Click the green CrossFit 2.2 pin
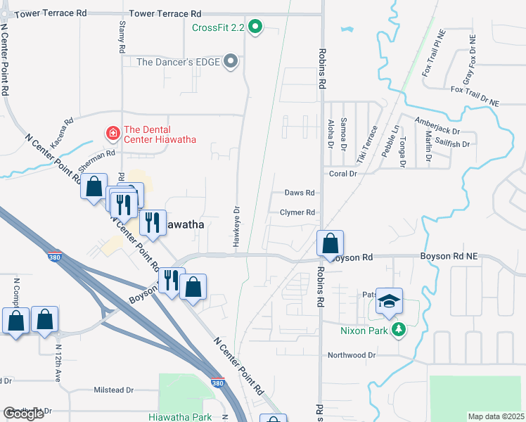256,28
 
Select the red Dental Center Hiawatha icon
111,132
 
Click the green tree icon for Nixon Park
399,329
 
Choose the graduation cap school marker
388,301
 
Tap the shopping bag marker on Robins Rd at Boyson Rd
330,244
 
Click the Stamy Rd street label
121,34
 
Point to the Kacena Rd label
63,131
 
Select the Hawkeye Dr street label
237,226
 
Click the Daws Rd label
298,193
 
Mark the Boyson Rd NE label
449,257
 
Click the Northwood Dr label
352,356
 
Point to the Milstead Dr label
113,390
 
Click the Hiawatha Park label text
180,416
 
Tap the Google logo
23,414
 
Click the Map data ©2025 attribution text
495,416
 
